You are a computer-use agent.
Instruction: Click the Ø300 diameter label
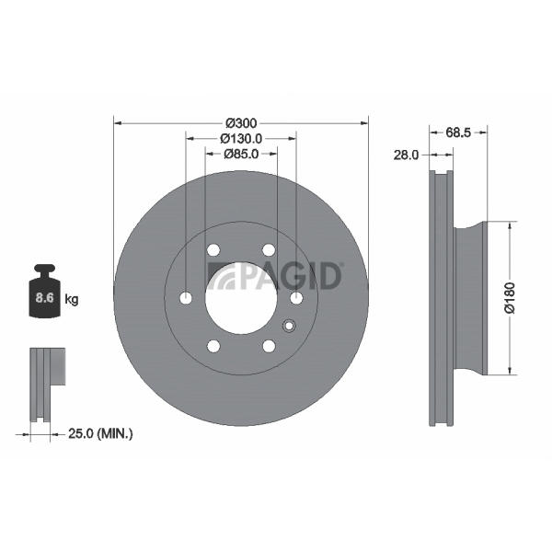(241, 123)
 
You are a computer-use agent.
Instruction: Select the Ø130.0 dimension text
(241, 139)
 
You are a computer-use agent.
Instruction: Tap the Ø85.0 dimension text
(241, 154)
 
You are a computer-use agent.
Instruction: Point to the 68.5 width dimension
(458, 132)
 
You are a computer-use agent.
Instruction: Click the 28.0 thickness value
(407, 155)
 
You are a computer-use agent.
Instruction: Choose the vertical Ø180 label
(510, 297)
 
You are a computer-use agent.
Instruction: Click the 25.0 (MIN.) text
(100, 433)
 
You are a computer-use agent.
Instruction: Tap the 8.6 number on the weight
(45, 298)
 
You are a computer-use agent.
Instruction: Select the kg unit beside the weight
(72, 300)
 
